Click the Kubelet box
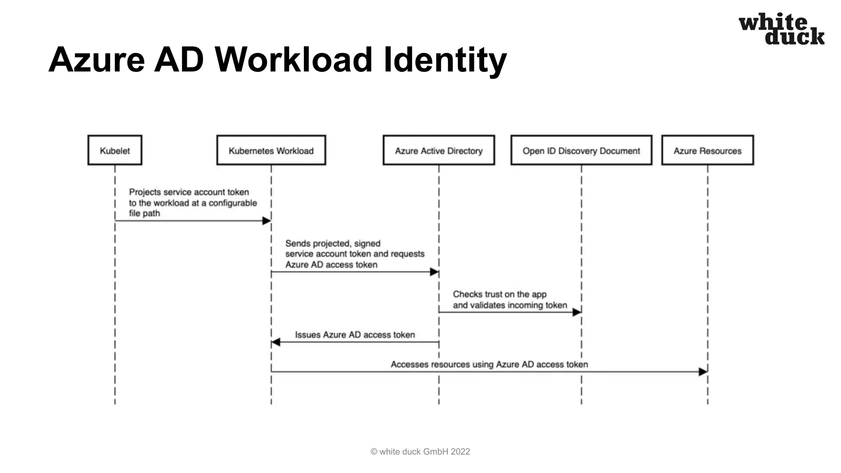115,150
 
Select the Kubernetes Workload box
271,150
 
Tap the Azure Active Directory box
439,150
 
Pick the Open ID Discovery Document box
581,150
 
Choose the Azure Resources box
707,150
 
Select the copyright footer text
420,452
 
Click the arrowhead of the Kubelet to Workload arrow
267,221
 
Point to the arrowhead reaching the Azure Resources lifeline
703,372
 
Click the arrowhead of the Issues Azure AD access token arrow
276,342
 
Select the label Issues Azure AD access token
355,335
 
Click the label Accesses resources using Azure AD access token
489,364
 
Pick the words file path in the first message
144,214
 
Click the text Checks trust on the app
499,294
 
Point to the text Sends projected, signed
333,243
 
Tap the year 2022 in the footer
460,452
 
